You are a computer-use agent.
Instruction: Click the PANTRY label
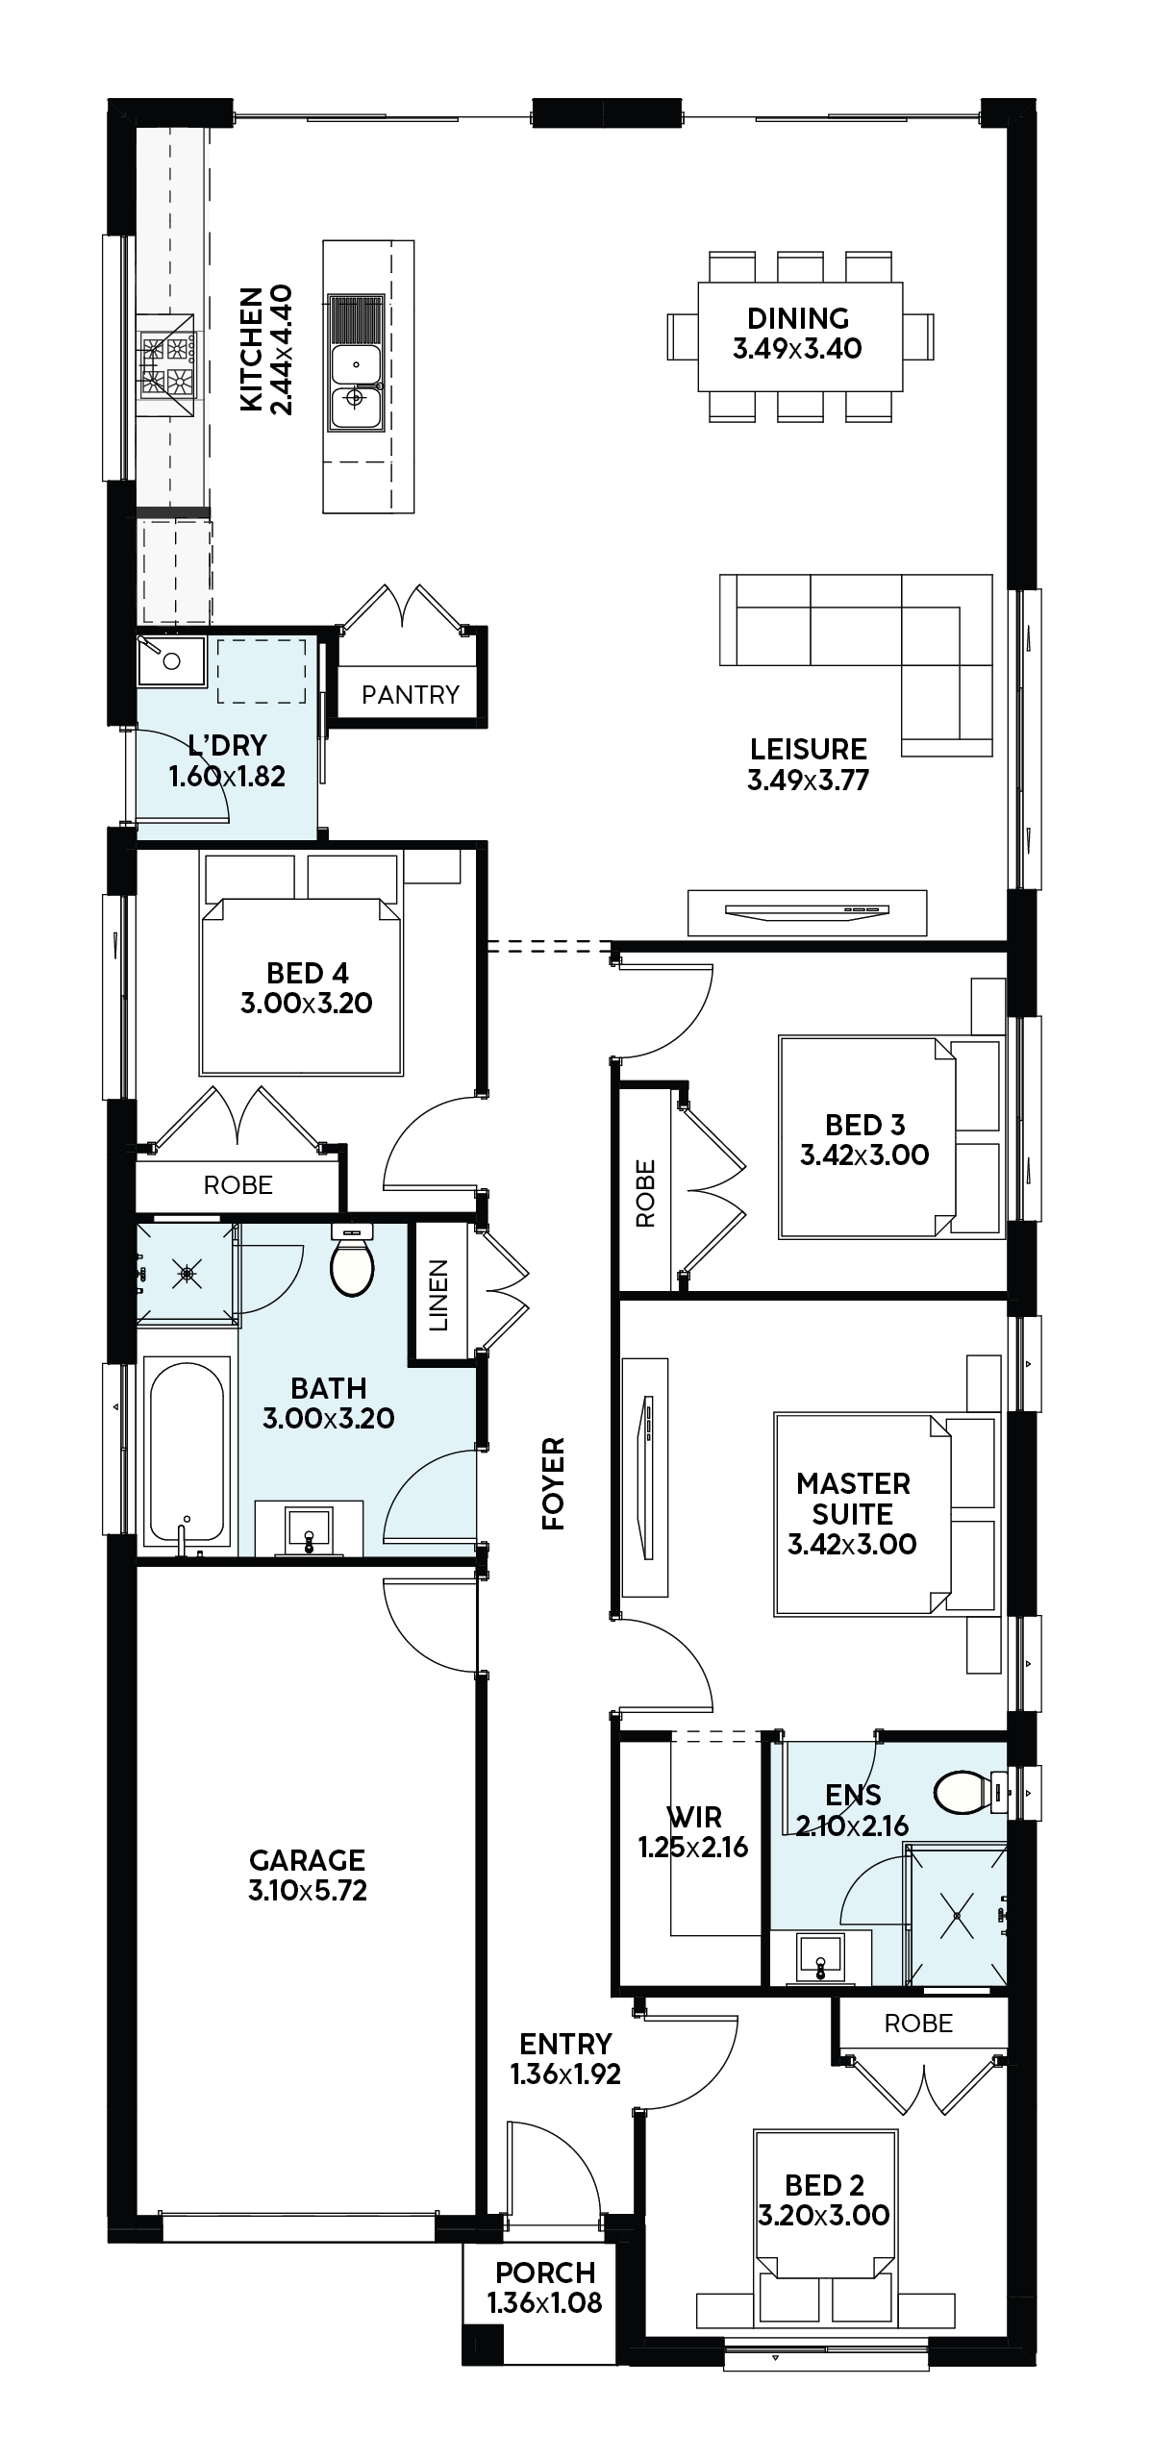coord(410,694)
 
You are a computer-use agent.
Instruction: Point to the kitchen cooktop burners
coord(167,365)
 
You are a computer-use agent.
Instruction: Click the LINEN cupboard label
coord(438,1294)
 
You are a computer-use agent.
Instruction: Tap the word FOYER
coord(553,1483)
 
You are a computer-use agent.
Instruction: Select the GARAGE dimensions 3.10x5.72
coord(308,1890)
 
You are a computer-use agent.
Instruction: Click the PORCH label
coord(545,2273)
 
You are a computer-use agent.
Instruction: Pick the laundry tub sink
coord(171,660)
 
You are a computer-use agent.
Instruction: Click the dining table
coord(800,336)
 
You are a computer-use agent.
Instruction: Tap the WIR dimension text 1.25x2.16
coord(694,1847)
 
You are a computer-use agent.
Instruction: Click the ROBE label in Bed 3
coord(645,1193)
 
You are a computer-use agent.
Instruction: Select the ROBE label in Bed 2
coord(918,2023)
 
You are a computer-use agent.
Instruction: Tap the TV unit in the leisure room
coord(808,912)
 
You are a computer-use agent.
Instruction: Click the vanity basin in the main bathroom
coord(309,1529)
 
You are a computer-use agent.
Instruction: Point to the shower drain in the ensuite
coord(958,1914)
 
